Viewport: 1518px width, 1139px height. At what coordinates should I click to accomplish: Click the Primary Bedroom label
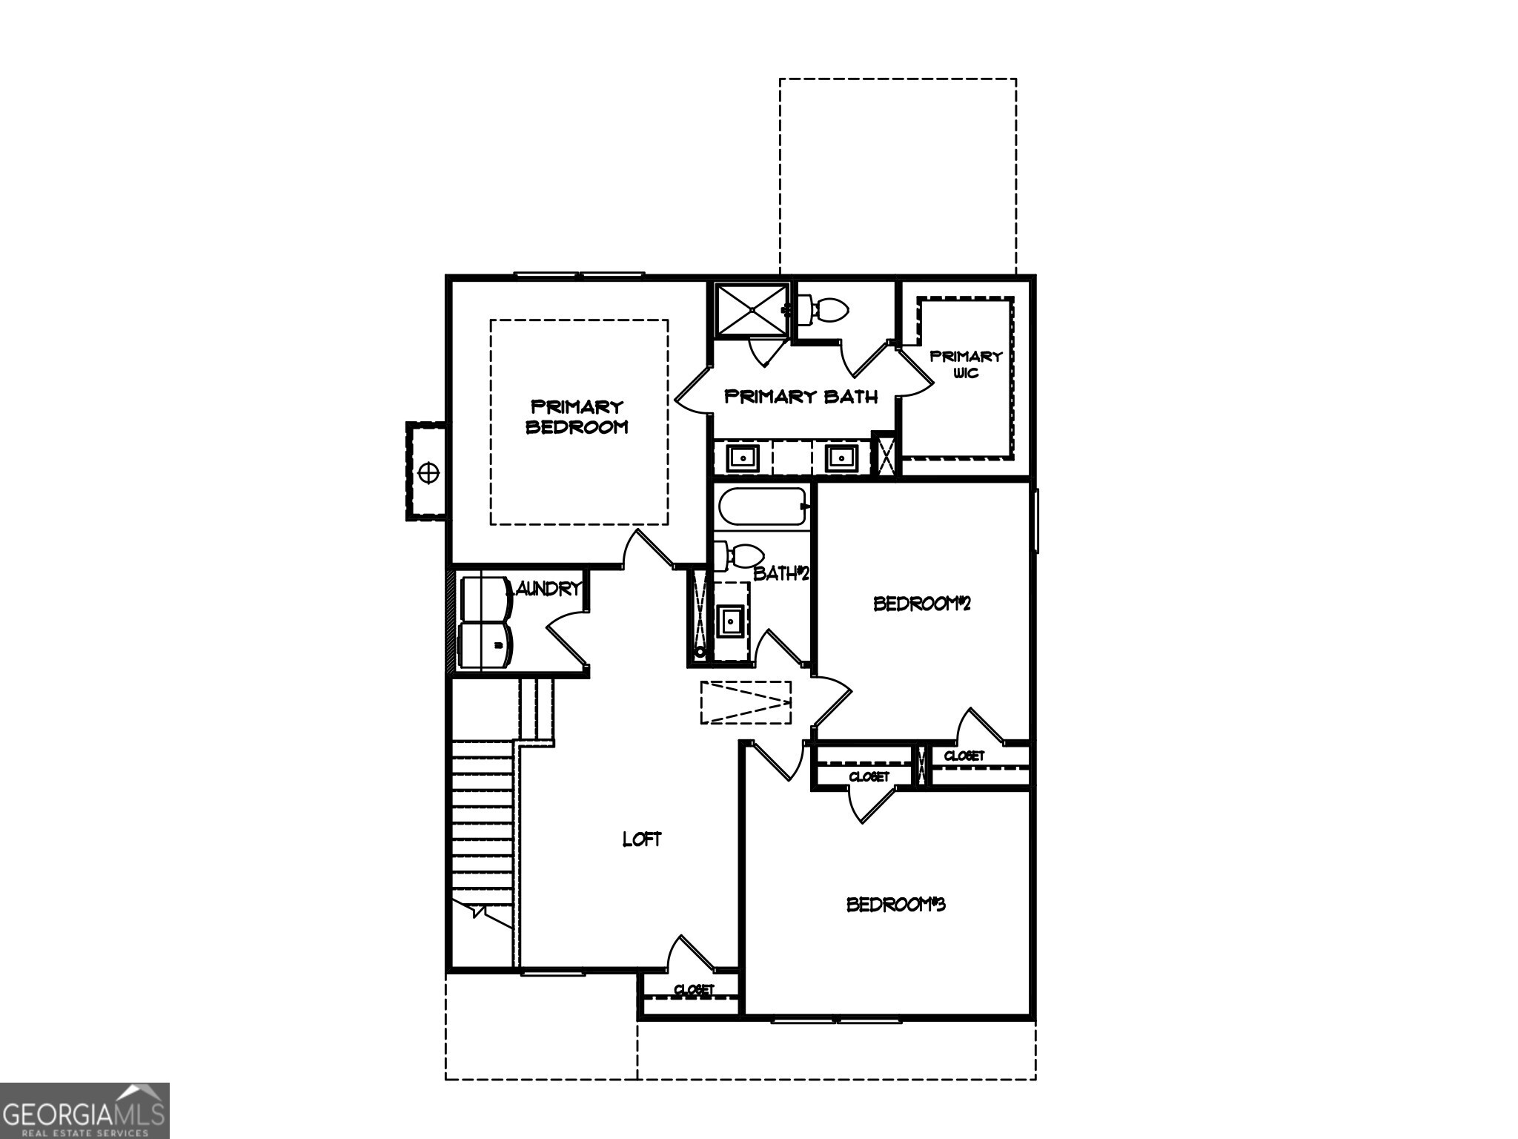pyautogui.click(x=577, y=417)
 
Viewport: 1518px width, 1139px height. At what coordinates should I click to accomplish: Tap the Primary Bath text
pyautogui.click(x=801, y=397)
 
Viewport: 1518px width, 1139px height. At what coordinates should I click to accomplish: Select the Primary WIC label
pyautogui.click(x=966, y=364)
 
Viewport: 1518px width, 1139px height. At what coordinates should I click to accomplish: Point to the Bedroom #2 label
pyautogui.click(x=921, y=604)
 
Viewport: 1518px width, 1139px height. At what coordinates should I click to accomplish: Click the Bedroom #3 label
pyautogui.click(x=895, y=905)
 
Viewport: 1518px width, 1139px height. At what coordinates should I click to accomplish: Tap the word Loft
pyautogui.click(x=641, y=839)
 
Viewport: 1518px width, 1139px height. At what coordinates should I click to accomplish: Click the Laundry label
pyautogui.click(x=545, y=589)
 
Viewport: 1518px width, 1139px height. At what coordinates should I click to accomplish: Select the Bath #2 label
pyautogui.click(x=780, y=573)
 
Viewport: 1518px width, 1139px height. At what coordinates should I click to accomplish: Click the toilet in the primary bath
pyautogui.click(x=823, y=311)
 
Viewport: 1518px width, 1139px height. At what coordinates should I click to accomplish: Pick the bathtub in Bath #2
pyautogui.click(x=761, y=507)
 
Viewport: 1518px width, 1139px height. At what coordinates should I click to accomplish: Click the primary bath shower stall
pyautogui.click(x=752, y=309)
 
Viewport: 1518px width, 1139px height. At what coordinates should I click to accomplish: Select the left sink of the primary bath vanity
pyautogui.click(x=742, y=458)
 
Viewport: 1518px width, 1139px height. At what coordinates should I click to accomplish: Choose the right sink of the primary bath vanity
pyautogui.click(x=841, y=458)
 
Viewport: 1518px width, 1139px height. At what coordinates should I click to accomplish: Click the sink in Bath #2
pyautogui.click(x=732, y=621)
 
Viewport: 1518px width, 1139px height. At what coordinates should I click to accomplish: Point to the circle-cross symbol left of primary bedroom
pyautogui.click(x=428, y=472)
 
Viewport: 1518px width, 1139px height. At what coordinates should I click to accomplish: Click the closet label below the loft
pyautogui.click(x=694, y=990)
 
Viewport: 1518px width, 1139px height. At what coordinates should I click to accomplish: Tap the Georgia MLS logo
pyautogui.click(x=84, y=1110)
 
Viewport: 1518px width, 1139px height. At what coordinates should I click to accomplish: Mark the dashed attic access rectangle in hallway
pyautogui.click(x=746, y=701)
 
